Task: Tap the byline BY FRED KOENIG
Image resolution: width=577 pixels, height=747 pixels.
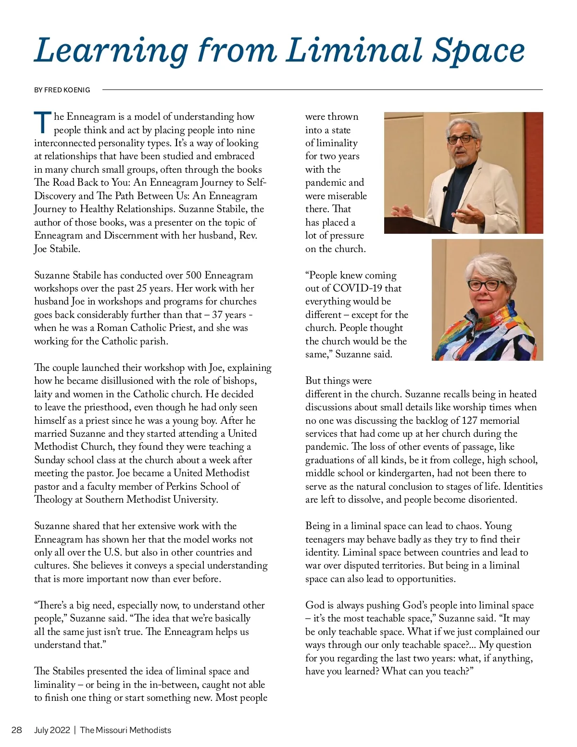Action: pos(62,90)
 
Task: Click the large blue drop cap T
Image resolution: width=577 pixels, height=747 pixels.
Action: pos(42,123)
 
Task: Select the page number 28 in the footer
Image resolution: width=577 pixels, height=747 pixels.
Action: pos(17,730)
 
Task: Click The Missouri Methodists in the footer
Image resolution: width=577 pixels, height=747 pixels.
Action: pos(125,730)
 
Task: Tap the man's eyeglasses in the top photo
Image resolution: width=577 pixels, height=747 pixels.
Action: pos(460,139)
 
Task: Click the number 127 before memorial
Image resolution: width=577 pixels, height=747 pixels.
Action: pos(469,420)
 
